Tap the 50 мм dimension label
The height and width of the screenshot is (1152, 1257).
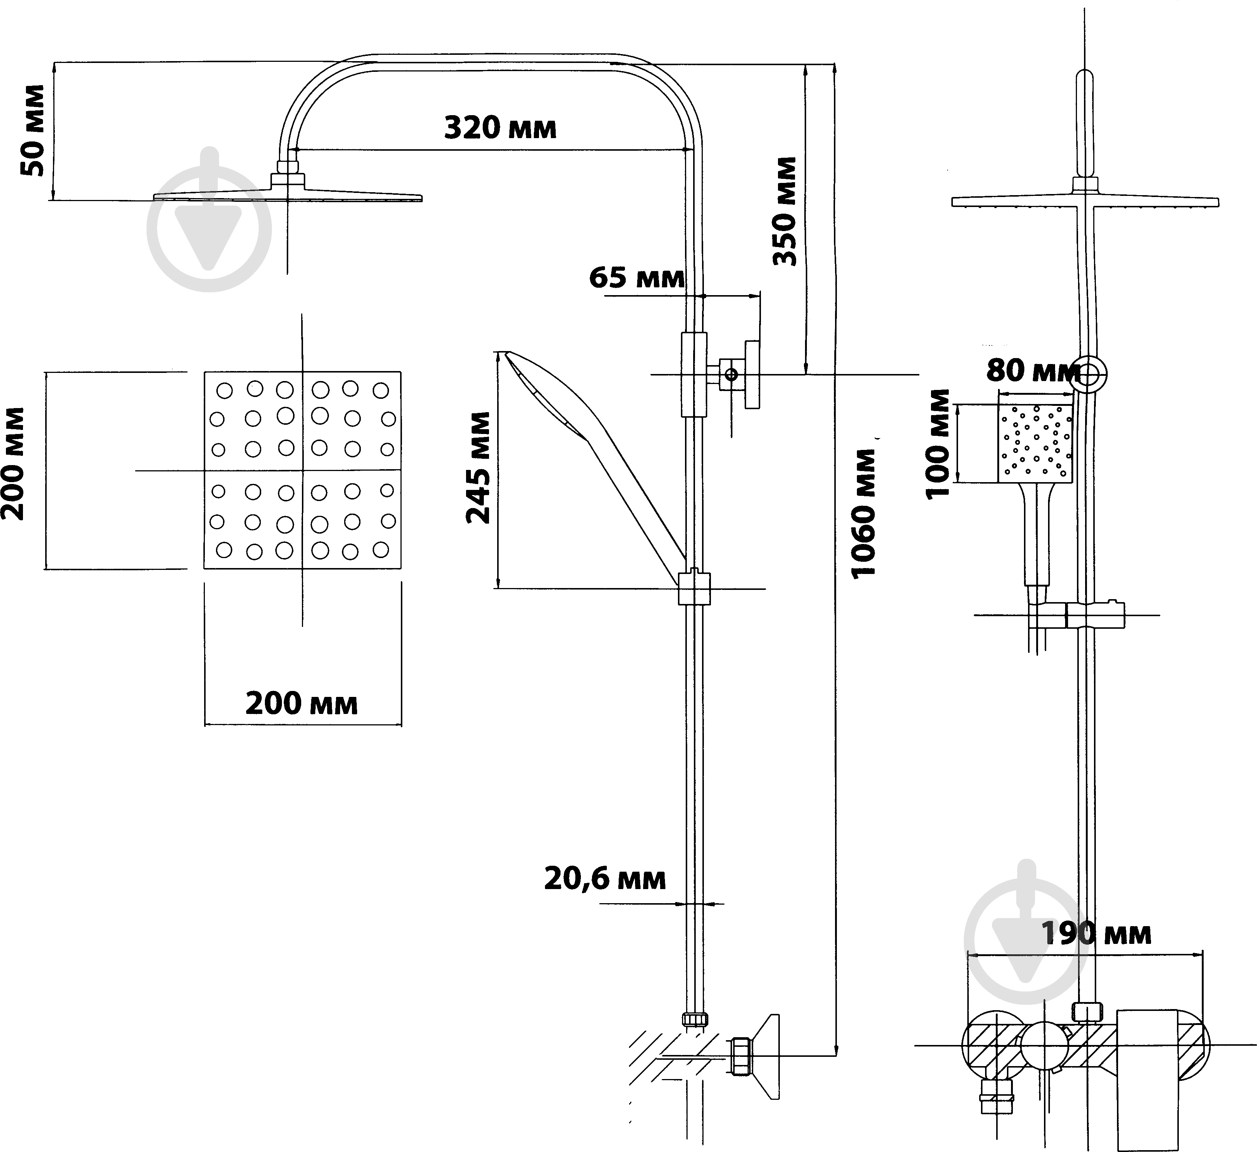(x=33, y=130)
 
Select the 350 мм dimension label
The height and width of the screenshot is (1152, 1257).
(x=785, y=211)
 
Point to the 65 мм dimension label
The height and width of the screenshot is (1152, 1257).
(x=636, y=277)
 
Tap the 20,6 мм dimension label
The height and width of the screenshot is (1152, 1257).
(x=605, y=879)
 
